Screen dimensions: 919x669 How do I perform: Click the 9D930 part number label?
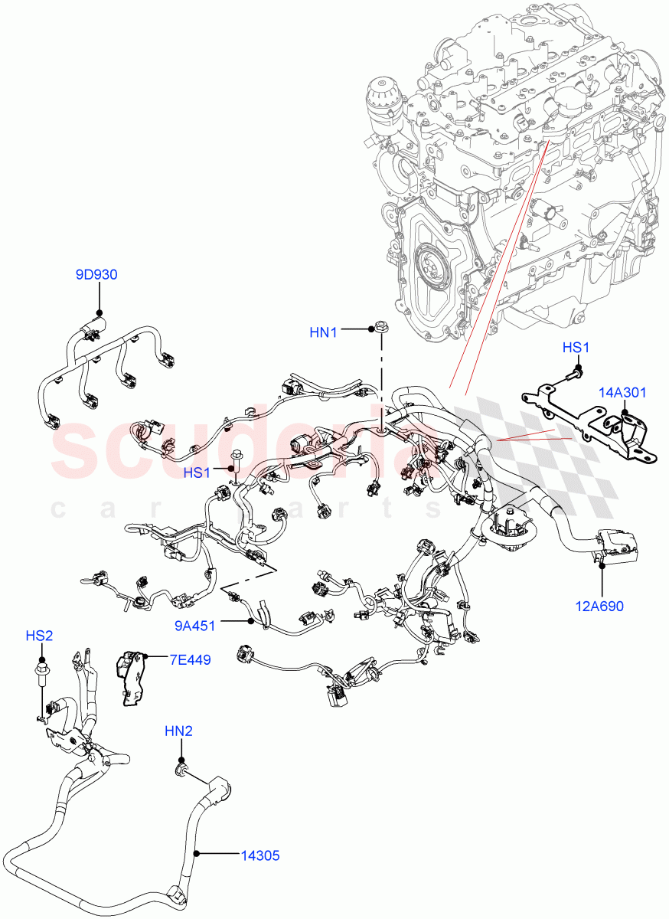[x=96, y=274]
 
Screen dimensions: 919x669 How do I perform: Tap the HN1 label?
[x=325, y=332]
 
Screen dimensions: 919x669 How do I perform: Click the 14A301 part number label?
[x=622, y=393]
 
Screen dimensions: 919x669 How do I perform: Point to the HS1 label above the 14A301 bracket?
[x=576, y=348]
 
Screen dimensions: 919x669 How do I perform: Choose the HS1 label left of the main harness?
[x=197, y=473]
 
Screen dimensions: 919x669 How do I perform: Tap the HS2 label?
[x=39, y=636]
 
